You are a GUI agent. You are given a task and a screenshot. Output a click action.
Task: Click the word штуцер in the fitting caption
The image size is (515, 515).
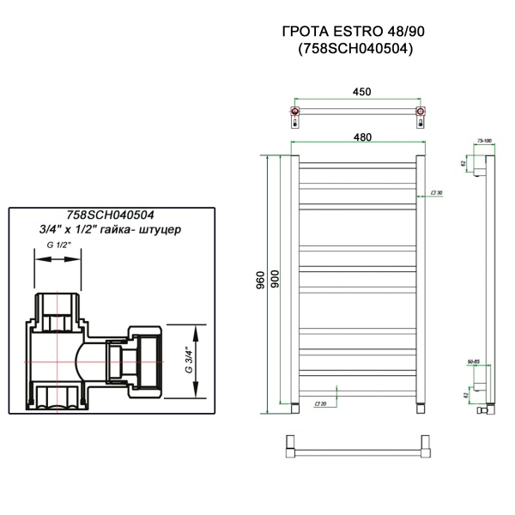[x=164, y=232]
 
